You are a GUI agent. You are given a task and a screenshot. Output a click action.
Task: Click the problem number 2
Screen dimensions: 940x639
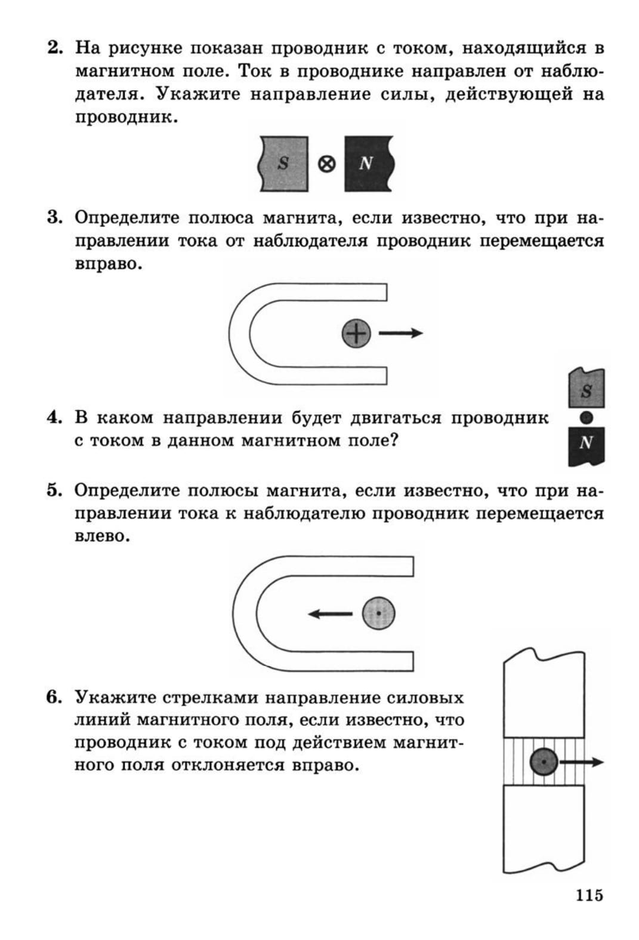[x=55, y=48]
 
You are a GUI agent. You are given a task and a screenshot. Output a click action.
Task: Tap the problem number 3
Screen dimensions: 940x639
[x=55, y=218]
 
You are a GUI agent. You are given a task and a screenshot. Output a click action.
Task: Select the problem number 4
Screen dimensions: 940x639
[x=54, y=418]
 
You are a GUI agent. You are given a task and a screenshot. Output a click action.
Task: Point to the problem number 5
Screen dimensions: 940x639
[x=54, y=491]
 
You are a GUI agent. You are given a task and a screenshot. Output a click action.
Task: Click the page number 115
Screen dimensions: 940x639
[x=589, y=895]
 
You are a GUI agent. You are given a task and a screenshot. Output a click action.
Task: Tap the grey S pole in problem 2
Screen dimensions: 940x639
[x=284, y=164]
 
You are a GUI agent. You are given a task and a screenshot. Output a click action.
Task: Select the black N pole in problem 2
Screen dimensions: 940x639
[x=368, y=164]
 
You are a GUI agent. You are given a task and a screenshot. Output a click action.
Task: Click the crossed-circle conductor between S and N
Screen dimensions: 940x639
[x=326, y=164]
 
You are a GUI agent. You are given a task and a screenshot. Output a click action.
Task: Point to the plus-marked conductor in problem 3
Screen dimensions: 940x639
[x=356, y=333]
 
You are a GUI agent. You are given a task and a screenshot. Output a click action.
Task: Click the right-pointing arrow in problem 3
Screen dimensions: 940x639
[x=400, y=333]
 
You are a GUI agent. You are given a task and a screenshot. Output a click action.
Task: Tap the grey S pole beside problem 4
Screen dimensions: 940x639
[x=586, y=389]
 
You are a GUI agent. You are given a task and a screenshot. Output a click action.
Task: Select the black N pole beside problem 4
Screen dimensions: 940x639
[x=586, y=445]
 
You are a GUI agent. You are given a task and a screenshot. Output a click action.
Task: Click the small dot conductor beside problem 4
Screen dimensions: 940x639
[x=586, y=418]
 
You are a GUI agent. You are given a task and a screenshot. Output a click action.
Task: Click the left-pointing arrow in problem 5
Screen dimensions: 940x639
[x=331, y=614]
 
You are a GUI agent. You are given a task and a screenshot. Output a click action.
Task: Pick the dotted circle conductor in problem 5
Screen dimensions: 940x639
[x=379, y=614]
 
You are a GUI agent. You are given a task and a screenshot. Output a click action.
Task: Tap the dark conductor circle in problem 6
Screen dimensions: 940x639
[x=544, y=762]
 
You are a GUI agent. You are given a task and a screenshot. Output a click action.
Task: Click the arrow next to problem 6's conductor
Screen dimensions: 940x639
[x=582, y=762]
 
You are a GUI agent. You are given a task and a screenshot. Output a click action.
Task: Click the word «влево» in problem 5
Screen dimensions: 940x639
[x=102, y=536]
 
